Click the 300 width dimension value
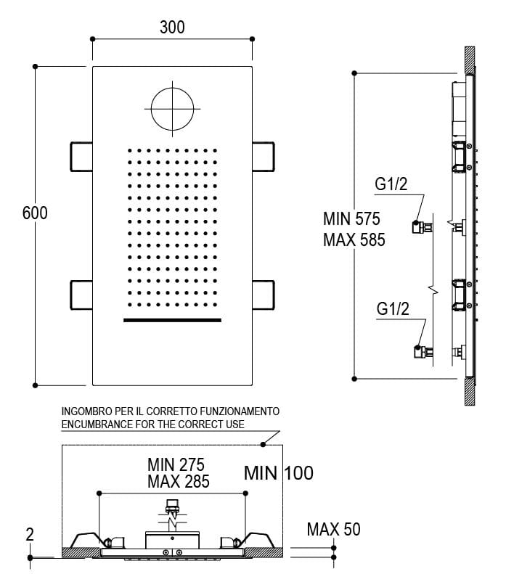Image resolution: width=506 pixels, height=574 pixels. (172, 28)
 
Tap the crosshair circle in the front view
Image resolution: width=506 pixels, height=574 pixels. (172, 108)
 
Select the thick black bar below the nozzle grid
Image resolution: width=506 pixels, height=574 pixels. (172, 319)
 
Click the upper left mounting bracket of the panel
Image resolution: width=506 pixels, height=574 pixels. (81, 155)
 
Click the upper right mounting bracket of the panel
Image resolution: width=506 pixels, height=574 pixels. (264, 155)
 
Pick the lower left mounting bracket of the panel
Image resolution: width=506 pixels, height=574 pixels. (81, 294)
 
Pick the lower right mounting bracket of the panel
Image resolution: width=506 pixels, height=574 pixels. (264, 294)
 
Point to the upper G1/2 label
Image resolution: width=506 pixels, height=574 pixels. (391, 185)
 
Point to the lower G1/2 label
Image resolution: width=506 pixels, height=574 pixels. (393, 309)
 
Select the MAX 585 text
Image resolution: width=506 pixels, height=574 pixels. (354, 239)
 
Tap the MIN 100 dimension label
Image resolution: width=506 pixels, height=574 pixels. (279, 474)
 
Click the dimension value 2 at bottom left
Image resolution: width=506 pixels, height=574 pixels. (30, 535)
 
